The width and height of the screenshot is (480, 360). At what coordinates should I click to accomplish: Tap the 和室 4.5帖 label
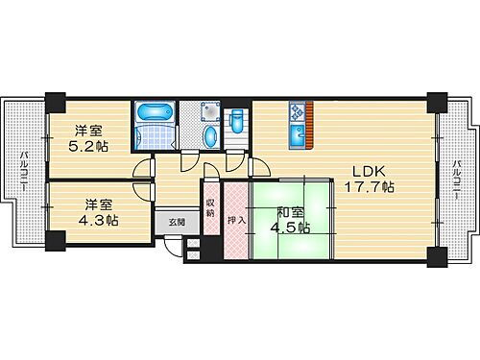(x=290, y=220)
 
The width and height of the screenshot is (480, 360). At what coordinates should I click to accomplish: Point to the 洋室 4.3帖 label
(x=99, y=212)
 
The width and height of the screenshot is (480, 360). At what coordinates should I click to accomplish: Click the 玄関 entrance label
(x=180, y=222)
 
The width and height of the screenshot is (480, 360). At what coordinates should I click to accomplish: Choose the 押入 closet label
(x=236, y=219)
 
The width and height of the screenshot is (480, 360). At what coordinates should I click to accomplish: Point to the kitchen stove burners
(x=298, y=111)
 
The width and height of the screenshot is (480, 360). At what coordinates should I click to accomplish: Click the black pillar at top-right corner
(x=437, y=100)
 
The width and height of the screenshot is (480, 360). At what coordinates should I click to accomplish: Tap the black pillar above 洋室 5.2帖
(x=55, y=99)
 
